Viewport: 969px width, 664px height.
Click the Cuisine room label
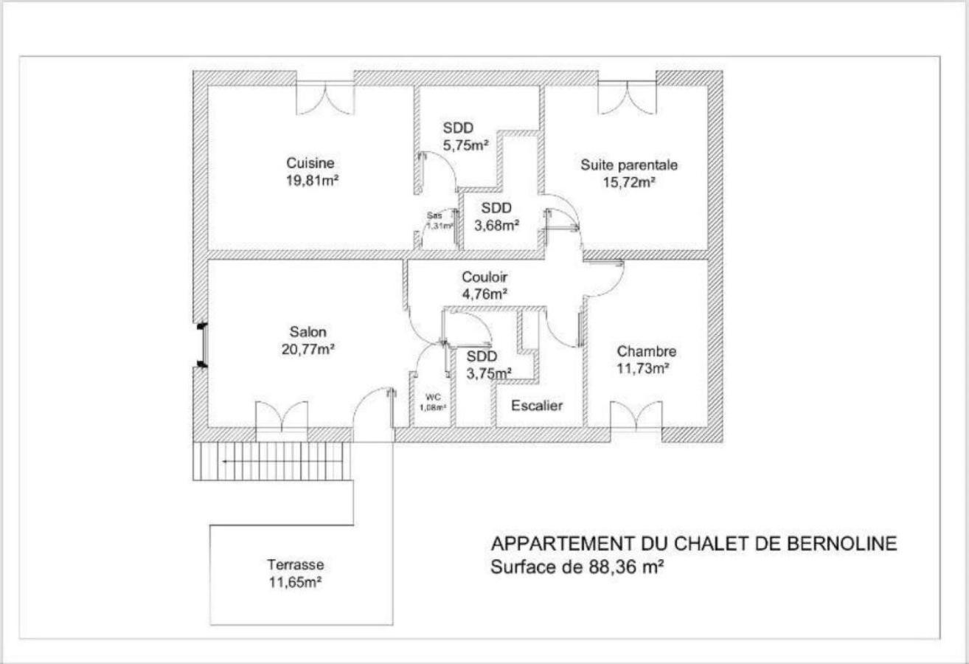pos(310,163)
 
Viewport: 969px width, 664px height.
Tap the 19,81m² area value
pos(310,181)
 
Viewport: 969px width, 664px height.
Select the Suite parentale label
pos(628,165)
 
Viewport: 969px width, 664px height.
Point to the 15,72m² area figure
pos(628,182)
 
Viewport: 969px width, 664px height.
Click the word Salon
pos(308,332)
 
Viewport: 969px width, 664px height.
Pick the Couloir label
pos(484,277)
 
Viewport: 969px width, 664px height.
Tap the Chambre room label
pos(646,351)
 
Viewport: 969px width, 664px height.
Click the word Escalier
pos(537,406)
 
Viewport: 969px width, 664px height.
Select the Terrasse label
pos(295,565)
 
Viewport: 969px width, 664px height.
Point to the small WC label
pos(433,397)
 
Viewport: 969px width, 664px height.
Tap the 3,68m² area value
pos(496,226)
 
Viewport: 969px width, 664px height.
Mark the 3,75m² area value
pos(490,373)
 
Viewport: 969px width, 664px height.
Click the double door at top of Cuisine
pos(324,100)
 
